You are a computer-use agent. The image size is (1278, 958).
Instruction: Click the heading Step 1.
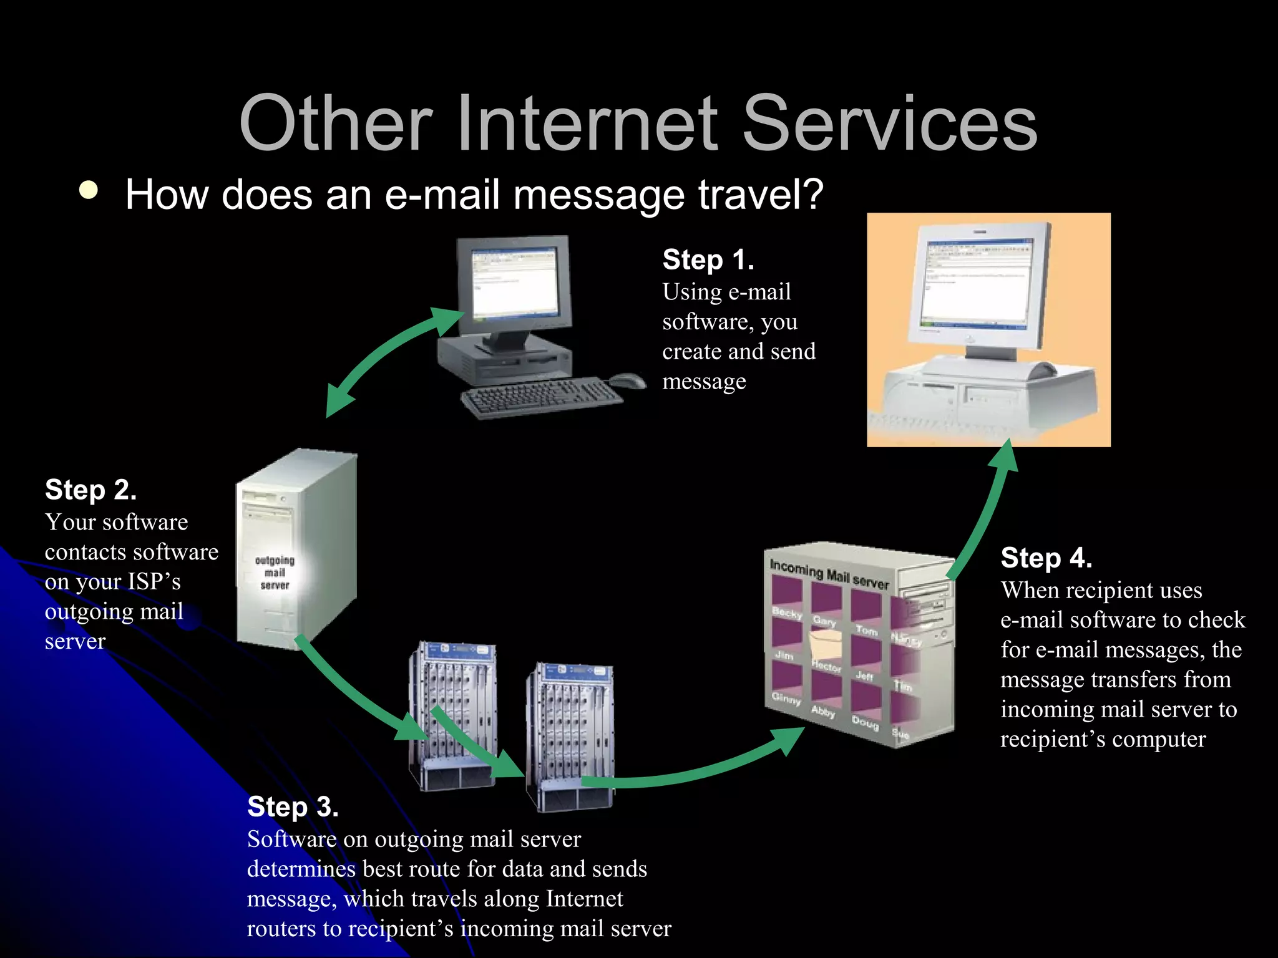click(x=708, y=259)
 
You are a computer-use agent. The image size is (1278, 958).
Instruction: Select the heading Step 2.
click(x=90, y=490)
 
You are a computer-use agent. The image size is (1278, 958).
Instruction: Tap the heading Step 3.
click(x=293, y=806)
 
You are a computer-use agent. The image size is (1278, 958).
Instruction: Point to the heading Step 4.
click(x=1046, y=558)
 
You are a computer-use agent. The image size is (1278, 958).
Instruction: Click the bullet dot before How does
click(x=89, y=190)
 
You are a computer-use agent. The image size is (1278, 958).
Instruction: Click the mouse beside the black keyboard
click(x=627, y=380)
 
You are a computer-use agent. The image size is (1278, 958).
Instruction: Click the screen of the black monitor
click(x=515, y=281)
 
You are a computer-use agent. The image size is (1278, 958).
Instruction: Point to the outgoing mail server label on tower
click(x=275, y=573)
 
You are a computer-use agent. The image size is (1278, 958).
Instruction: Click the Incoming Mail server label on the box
click(x=829, y=574)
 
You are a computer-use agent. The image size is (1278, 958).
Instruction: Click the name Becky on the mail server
click(x=786, y=612)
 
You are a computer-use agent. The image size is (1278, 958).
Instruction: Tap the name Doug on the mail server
click(x=865, y=723)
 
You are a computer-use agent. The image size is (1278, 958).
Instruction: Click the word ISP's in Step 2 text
click(x=154, y=581)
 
